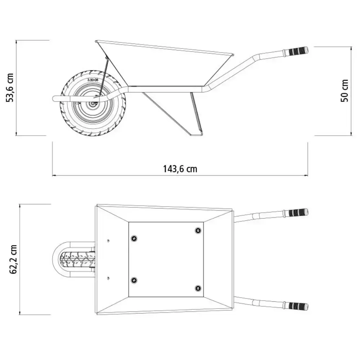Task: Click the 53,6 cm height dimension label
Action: tap(10, 88)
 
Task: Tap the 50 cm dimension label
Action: tap(345, 91)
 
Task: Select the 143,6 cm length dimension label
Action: tap(180, 169)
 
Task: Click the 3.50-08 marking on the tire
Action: tap(93, 80)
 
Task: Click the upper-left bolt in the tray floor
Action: tap(134, 238)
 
